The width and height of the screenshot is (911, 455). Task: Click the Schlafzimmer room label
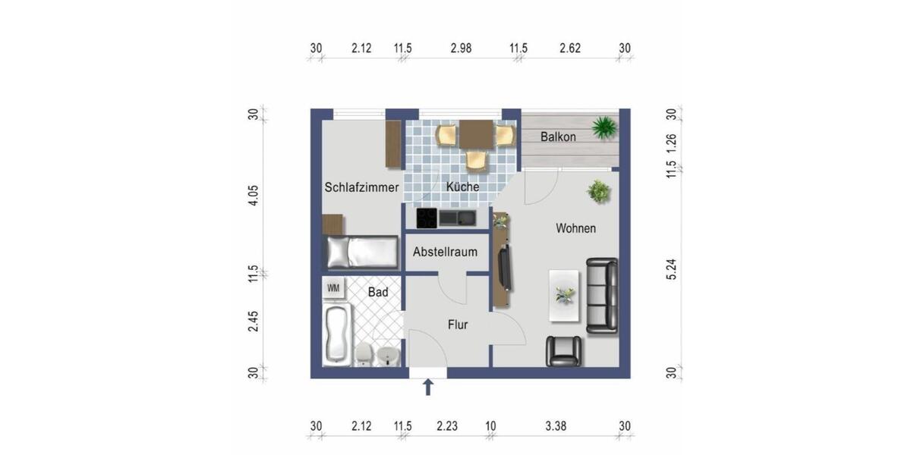coord(361,187)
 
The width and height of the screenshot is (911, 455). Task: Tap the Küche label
coord(462,187)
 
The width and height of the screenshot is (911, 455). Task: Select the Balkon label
coord(558,137)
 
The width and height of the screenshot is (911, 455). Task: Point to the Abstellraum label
coord(445,252)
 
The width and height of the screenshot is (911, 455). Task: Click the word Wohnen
coord(575,227)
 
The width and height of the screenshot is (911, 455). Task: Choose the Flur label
coord(457,325)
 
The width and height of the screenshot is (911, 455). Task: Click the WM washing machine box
coord(333,288)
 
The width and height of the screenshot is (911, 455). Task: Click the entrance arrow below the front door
coord(428,388)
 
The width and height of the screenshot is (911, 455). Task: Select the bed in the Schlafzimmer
coord(361,252)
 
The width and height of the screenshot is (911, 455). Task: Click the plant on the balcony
coord(604,127)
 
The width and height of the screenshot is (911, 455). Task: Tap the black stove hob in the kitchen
coord(427,218)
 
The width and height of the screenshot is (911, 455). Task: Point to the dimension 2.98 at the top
coord(461,49)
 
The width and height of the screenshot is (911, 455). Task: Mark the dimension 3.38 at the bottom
coord(556,426)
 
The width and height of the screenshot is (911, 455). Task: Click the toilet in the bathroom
coord(364,354)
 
